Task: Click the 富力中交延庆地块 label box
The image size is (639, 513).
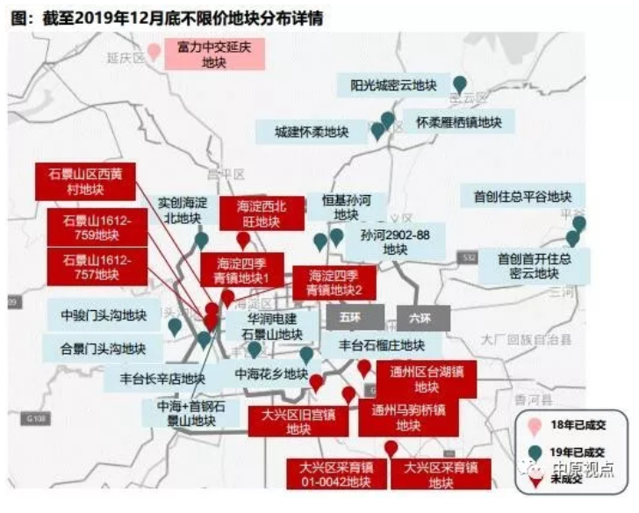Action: (x=213, y=54)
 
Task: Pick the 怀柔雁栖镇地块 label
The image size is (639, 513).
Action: (x=453, y=122)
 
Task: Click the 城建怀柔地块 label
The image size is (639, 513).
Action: (x=312, y=133)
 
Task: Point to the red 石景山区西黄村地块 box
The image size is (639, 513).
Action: (x=85, y=181)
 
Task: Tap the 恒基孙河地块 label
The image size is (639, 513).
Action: (x=347, y=206)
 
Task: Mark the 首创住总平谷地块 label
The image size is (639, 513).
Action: (x=521, y=197)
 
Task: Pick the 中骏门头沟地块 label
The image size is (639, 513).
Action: (x=104, y=314)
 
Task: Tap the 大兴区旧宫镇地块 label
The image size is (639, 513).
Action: (x=298, y=422)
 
